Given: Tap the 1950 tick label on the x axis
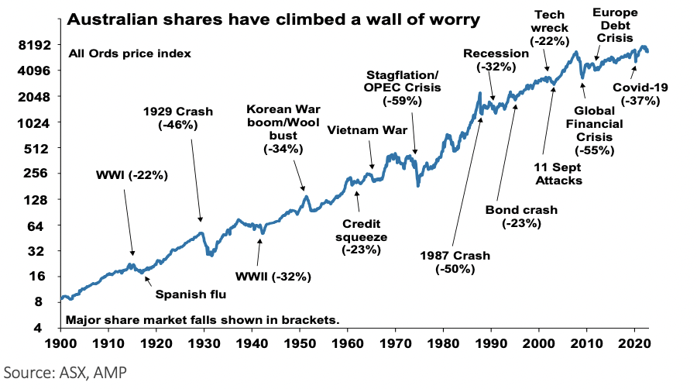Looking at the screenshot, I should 300,342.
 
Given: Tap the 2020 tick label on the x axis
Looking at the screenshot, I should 634,342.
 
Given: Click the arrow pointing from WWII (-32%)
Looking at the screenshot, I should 260,252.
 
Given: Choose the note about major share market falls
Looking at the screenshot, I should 203,319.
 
